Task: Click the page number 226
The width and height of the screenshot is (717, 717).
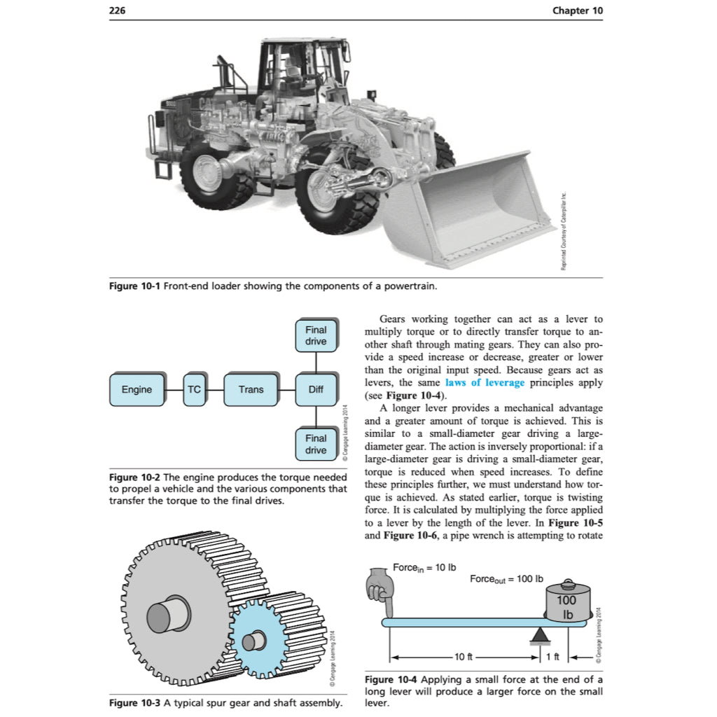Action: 118,11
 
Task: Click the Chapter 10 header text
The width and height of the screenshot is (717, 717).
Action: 577,11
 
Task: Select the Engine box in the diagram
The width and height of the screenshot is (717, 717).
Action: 137,389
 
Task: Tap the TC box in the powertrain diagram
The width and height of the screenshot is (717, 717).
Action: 194,389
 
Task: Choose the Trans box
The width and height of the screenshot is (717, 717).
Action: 251,389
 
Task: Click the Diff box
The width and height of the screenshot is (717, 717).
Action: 316,389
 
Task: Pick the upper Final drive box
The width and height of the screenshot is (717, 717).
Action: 316,335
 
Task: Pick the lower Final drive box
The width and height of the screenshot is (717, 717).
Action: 316,444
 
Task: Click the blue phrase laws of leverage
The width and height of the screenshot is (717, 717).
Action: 485,383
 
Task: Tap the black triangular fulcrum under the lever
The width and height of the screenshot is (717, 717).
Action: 539,634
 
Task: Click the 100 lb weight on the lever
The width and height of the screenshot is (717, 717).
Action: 566,603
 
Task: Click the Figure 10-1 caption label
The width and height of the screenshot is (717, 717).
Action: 134,286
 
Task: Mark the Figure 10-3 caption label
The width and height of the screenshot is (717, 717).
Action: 134,703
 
